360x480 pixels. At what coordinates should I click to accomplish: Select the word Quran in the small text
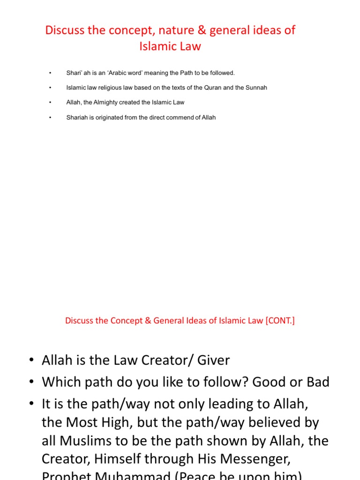pyautogui.click(x=212, y=88)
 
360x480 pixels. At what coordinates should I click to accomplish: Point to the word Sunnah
pyautogui.click(x=256, y=88)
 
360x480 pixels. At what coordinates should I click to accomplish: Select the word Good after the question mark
pyautogui.click(x=268, y=382)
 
